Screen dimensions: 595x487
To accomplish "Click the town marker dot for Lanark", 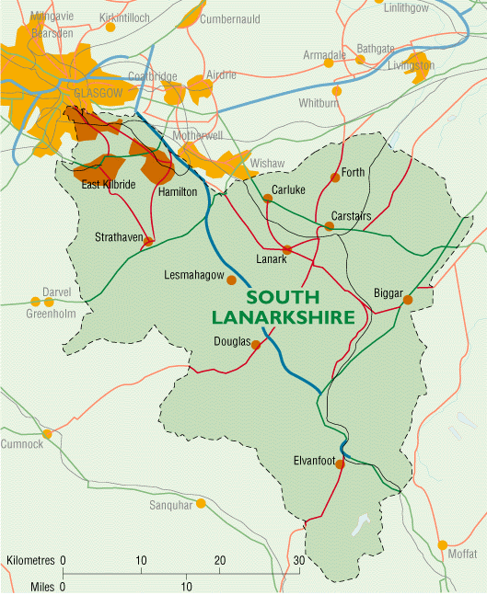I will (x=287, y=249).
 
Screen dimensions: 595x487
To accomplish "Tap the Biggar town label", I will (x=388, y=293).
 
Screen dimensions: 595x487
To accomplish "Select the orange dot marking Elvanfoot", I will (x=340, y=464).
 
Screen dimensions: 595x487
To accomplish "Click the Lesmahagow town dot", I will (x=231, y=280).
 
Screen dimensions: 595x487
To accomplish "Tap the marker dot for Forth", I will (x=335, y=177).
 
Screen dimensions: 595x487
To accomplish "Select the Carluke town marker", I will (x=267, y=198).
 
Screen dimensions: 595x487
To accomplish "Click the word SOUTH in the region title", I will (x=283, y=298).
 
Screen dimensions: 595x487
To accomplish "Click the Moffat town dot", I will (x=443, y=544).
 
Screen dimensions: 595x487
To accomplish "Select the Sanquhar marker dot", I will (x=201, y=503).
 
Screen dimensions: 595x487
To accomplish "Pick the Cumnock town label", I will (x=21, y=444).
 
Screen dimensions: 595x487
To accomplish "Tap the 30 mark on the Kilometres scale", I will (x=296, y=560).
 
